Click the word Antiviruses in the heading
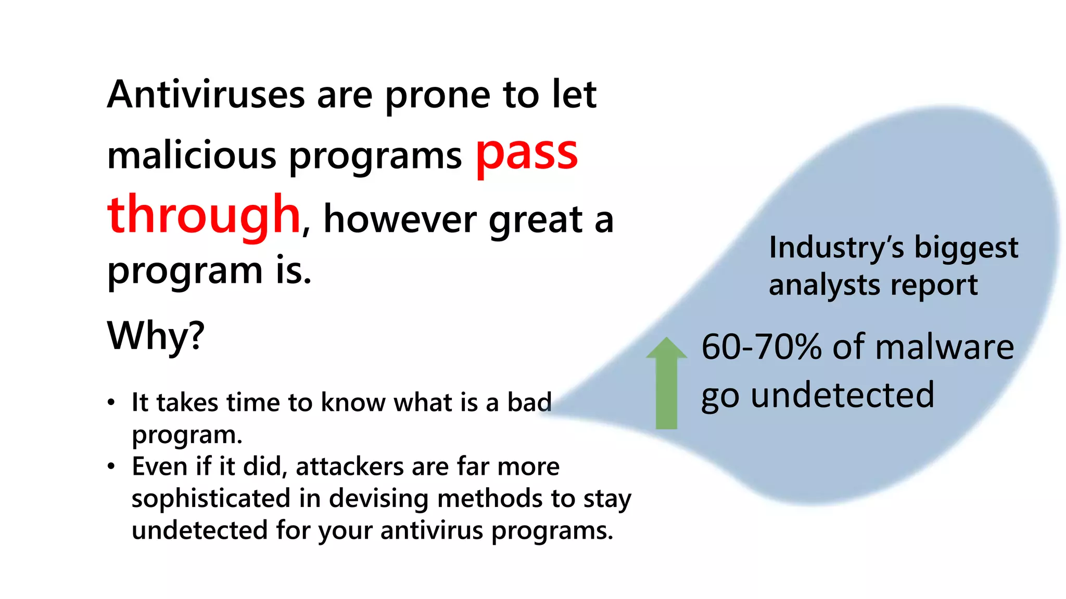pyautogui.click(x=206, y=95)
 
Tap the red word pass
pyautogui.click(x=527, y=154)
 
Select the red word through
pyautogui.click(x=204, y=215)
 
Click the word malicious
pyautogui.click(x=192, y=156)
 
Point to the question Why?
pyautogui.click(x=156, y=336)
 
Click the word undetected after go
pyautogui.click(x=843, y=395)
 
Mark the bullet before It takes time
pyautogui.click(x=111, y=402)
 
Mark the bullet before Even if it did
pyautogui.click(x=111, y=466)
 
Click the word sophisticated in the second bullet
pyautogui.click(x=211, y=499)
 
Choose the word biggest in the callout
pyautogui.click(x=966, y=248)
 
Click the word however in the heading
pyautogui.click(x=400, y=219)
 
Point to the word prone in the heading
pyautogui.click(x=437, y=96)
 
